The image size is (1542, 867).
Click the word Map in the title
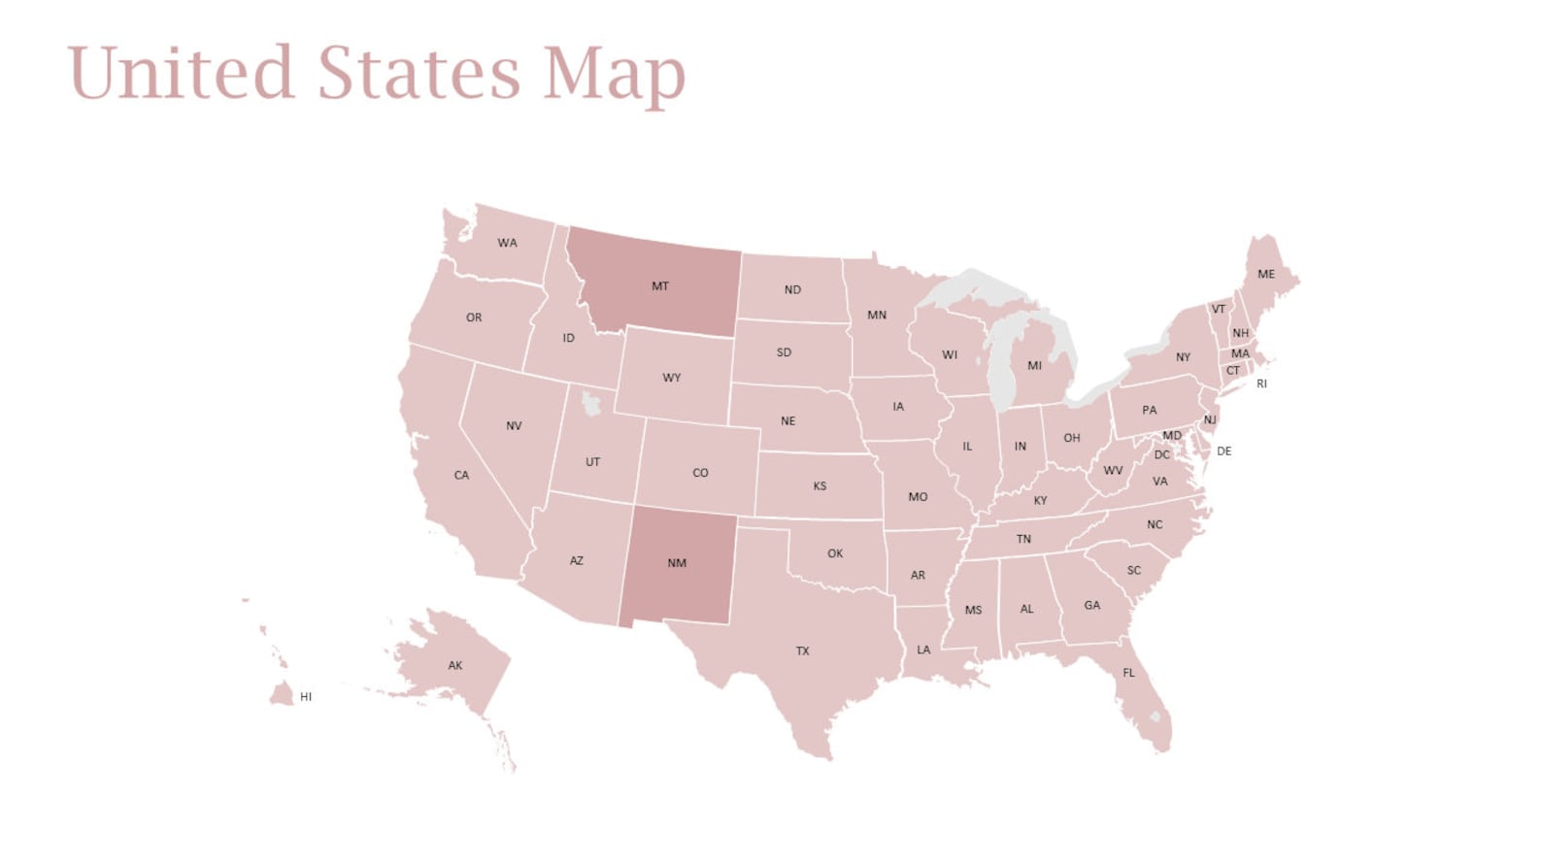pos(614,74)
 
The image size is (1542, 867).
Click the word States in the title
pos(419,74)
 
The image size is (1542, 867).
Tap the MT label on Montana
pos(660,286)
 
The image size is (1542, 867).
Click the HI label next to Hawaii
pos(306,697)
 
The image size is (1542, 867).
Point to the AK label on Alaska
pos(455,666)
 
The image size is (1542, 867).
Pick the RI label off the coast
pos(1261,383)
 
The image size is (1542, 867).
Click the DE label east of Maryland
pos(1224,451)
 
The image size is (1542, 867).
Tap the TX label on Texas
pos(802,651)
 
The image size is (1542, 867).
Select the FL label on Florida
pos(1128,673)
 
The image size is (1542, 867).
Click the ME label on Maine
pos(1266,275)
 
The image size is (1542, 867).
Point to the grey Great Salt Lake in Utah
pos(589,401)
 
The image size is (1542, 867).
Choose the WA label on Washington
pos(507,243)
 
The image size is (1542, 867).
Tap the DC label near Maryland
pos(1161,454)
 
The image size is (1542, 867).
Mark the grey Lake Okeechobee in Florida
pos(1155,717)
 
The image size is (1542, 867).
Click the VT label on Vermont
pos(1218,310)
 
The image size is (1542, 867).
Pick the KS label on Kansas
pos(820,486)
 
